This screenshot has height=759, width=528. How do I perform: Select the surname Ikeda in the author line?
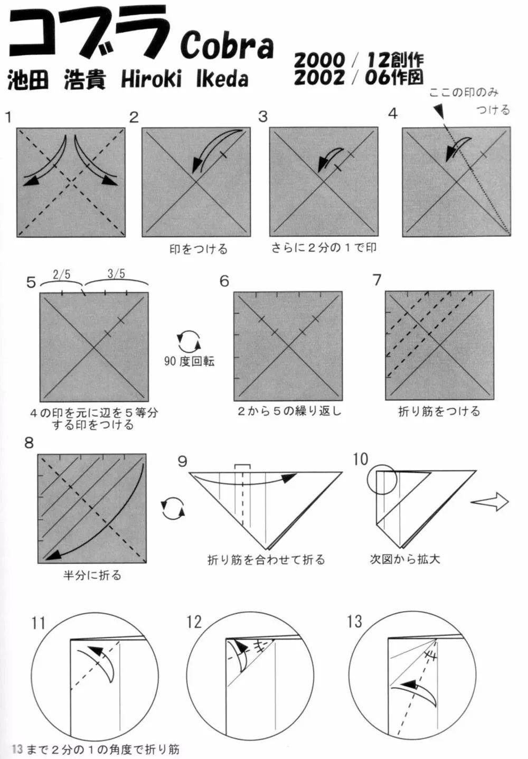222,79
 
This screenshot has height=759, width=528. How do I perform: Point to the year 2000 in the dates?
319,60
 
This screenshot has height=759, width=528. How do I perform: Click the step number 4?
392,114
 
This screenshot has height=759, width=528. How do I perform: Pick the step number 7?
376,280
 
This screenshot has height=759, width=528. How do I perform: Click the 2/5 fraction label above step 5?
61,274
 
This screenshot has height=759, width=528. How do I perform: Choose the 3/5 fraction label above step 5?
116,274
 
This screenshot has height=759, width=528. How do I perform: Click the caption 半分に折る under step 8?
92,575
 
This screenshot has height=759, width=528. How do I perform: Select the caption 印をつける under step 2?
198,249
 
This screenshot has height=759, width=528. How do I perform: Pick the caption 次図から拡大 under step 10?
405,559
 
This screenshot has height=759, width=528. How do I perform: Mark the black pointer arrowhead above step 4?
439,111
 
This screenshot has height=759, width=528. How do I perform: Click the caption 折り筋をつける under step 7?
439,411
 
